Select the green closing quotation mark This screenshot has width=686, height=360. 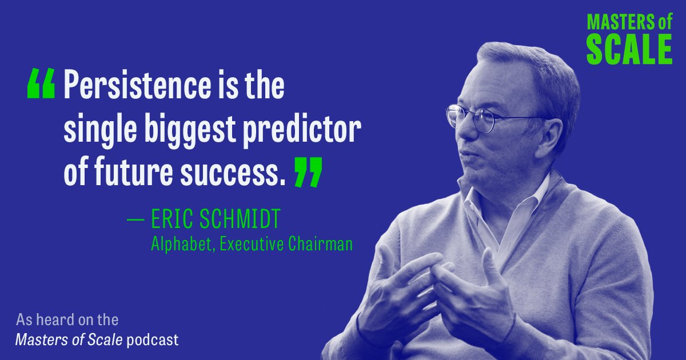point(309,173)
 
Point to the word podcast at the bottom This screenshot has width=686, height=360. point(153,340)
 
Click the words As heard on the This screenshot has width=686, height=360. point(67,319)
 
